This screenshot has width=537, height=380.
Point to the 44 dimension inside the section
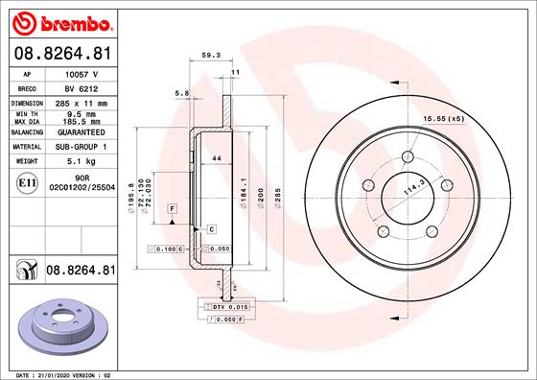(x=217, y=156)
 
